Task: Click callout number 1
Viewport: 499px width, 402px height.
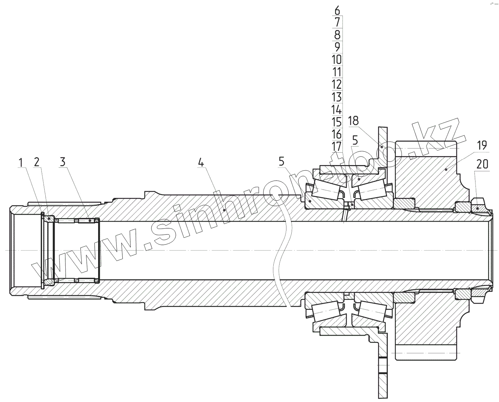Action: click(x=21, y=162)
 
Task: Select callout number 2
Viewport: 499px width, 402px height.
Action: click(x=37, y=162)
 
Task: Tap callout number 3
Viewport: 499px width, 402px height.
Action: click(x=62, y=162)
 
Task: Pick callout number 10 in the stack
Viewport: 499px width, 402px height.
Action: click(x=337, y=59)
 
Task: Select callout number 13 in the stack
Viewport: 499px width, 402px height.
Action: click(x=337, y=97)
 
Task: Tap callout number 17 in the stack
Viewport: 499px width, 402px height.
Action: click(x=337, y=147)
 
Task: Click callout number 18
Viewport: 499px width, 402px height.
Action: click(x=353, y=121)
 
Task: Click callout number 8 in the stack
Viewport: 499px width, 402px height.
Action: click(x=337, y=35)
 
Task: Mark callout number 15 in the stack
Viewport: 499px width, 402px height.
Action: click(x=337, y=122)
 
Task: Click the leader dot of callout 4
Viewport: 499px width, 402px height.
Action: click(x=225, y=209)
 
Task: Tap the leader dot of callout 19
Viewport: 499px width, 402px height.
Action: click(x=446, y=169)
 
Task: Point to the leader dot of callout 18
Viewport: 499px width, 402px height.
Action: click(x=382, y=147)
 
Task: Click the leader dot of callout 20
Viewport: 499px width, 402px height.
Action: click(x=477, y=208)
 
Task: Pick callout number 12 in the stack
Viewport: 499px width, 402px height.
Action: click(x=337, y=85)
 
